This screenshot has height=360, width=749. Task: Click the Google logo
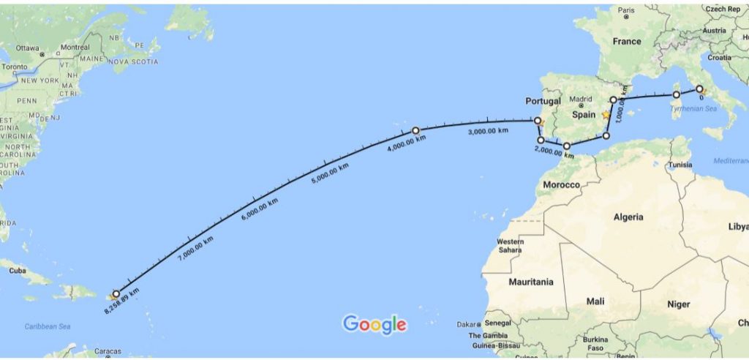374,323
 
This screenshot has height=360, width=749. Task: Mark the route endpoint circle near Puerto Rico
116,294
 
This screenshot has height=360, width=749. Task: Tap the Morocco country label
562,185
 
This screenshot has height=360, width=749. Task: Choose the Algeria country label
628,217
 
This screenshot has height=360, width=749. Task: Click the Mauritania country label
532,282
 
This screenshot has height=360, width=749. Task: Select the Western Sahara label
510,245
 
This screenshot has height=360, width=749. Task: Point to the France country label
627,42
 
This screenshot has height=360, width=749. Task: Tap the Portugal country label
543,101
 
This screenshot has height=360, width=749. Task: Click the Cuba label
18,271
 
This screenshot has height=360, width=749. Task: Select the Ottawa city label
28,48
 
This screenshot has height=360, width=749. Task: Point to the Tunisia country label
680,165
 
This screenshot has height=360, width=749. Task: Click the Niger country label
678,304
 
